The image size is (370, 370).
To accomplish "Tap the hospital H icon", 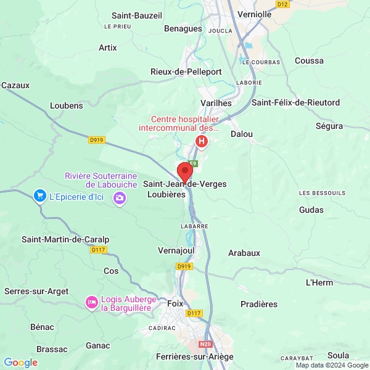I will click(x=201, y=141).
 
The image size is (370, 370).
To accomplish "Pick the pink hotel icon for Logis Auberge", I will click(x=91, y=302).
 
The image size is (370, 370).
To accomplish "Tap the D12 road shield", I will click(x=282, y=4).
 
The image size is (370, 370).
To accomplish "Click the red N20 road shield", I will click(x=205, y=343).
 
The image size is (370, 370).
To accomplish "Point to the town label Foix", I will click(x=176, y=303).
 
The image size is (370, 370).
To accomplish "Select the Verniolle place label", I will click(x=255, y=14).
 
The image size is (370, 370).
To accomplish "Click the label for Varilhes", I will click(x=216, y=103).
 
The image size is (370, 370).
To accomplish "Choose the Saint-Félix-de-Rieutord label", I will click(x=295, y=102).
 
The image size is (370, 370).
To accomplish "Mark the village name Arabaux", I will click(x=244, y=253).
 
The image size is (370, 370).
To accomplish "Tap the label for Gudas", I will click(x=311, y=210).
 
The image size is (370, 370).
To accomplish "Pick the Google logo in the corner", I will click(x=20, y=363).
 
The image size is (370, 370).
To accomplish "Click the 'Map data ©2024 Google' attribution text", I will click(x=331, y=365).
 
